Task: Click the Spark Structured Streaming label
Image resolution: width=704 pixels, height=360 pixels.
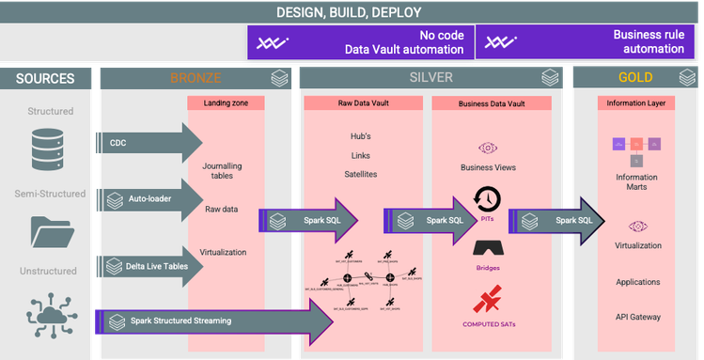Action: tap(180, 321)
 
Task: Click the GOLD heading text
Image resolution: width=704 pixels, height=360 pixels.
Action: tap(635, 77)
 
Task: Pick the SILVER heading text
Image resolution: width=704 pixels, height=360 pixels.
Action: tap(430, 77)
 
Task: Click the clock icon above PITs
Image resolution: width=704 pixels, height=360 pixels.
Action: tap(487, 199)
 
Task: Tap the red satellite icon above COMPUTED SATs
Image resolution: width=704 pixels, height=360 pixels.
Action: tap(487, 301)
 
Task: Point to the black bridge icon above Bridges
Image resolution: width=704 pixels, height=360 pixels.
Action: tap(487, 248)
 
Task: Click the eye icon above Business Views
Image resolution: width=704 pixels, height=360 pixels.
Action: tap(487, 148)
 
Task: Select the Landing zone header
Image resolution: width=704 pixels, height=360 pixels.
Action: tap(225, 103)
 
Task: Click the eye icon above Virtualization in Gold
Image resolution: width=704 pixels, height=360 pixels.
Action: tap(637, 226)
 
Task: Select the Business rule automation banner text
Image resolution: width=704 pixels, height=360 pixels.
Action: tap(649, 41)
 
